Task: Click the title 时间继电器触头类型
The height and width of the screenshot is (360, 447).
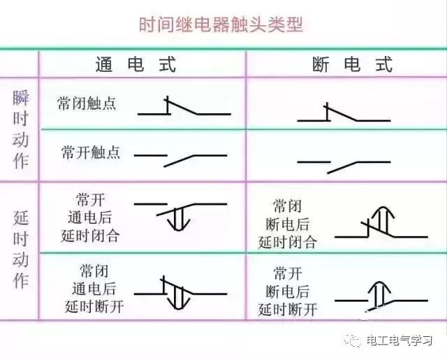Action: (x=221, y=24)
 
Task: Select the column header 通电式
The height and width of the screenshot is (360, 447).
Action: (x=135, y=64)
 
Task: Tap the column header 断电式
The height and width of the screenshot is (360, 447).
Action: (x=352, y=64)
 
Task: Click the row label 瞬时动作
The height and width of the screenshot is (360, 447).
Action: (x=20, y=129)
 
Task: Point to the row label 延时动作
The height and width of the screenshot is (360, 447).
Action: (x=20, y=250)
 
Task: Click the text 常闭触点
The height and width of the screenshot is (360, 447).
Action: (x=87, y=103)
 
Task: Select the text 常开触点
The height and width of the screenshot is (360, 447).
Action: (x=91, y=152)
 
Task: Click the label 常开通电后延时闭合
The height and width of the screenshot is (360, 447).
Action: (x=90, y=217)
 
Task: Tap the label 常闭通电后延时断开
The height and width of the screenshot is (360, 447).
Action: (x=94, y=289)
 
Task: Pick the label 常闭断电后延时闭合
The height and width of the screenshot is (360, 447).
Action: (x=287, y=224)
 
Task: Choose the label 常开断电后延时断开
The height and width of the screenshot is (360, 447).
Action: (x=287, y=291)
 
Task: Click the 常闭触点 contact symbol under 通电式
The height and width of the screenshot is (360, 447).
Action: (x=184, y=106)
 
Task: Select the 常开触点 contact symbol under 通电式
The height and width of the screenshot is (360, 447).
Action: (x=180, y=161)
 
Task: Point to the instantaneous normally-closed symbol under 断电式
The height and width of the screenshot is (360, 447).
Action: (x=344, y=113)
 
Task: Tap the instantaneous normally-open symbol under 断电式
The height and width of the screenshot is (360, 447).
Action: (x=344, y=168)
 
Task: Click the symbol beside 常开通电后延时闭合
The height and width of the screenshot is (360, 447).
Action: (x=180, y=216)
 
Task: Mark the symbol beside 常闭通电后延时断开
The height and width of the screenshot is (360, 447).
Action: (x=180, y=293)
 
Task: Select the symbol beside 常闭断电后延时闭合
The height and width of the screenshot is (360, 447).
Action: (x=381, y=222)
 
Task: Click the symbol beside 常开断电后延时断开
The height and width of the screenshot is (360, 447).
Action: (x=381, y=296)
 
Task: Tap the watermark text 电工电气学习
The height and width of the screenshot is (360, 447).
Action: (x=399, y=340)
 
